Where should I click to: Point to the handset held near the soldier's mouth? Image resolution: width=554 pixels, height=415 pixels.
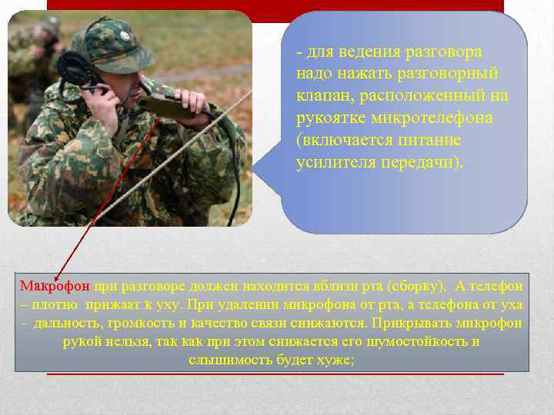[x=165, y=108]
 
